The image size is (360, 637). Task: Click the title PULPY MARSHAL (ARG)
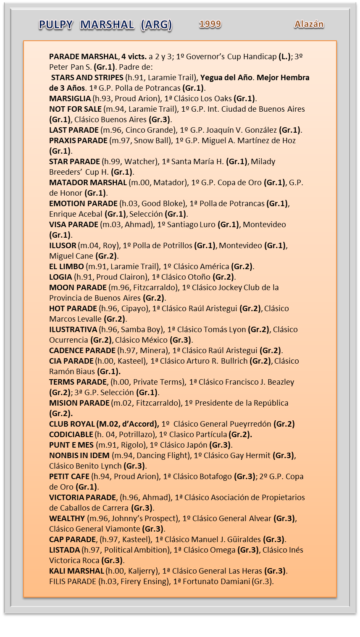[105, 25]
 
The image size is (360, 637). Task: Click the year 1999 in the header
[210, 24]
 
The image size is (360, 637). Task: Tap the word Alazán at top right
[309, 24]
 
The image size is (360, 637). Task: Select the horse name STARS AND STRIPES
[88, 78]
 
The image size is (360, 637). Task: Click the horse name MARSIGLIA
[70, 99]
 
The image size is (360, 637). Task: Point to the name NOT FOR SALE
[75, 109]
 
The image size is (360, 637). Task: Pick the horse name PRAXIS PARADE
[78, 141]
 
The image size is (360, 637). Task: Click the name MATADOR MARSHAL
[88, 183]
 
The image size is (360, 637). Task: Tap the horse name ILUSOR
[63, 246]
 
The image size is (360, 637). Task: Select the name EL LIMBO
[66, 267]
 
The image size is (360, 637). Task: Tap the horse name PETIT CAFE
[69, 477]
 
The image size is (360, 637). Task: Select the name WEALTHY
[67, 519]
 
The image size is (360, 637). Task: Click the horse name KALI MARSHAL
[76, 571]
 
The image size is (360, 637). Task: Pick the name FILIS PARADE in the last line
[72, 582]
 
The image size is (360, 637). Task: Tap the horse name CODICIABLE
[71, 435]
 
